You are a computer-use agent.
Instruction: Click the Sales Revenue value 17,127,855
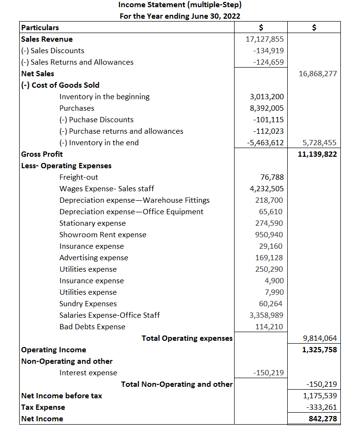264,39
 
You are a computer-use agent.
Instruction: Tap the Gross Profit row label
42,154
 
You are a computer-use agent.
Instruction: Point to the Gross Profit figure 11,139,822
317,154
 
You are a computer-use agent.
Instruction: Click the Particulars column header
40,28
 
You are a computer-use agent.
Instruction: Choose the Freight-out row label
79,177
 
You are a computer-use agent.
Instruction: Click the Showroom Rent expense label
103,235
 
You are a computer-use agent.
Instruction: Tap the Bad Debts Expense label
92,327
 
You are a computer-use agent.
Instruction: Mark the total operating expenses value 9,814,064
320,338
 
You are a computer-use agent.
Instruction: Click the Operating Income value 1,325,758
319,350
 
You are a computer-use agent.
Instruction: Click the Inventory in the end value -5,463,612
265,143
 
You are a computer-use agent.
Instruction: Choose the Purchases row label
77,108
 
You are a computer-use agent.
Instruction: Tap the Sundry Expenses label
88,304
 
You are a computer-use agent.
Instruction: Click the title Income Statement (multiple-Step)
180,5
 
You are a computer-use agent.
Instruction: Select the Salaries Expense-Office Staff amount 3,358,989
266,315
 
